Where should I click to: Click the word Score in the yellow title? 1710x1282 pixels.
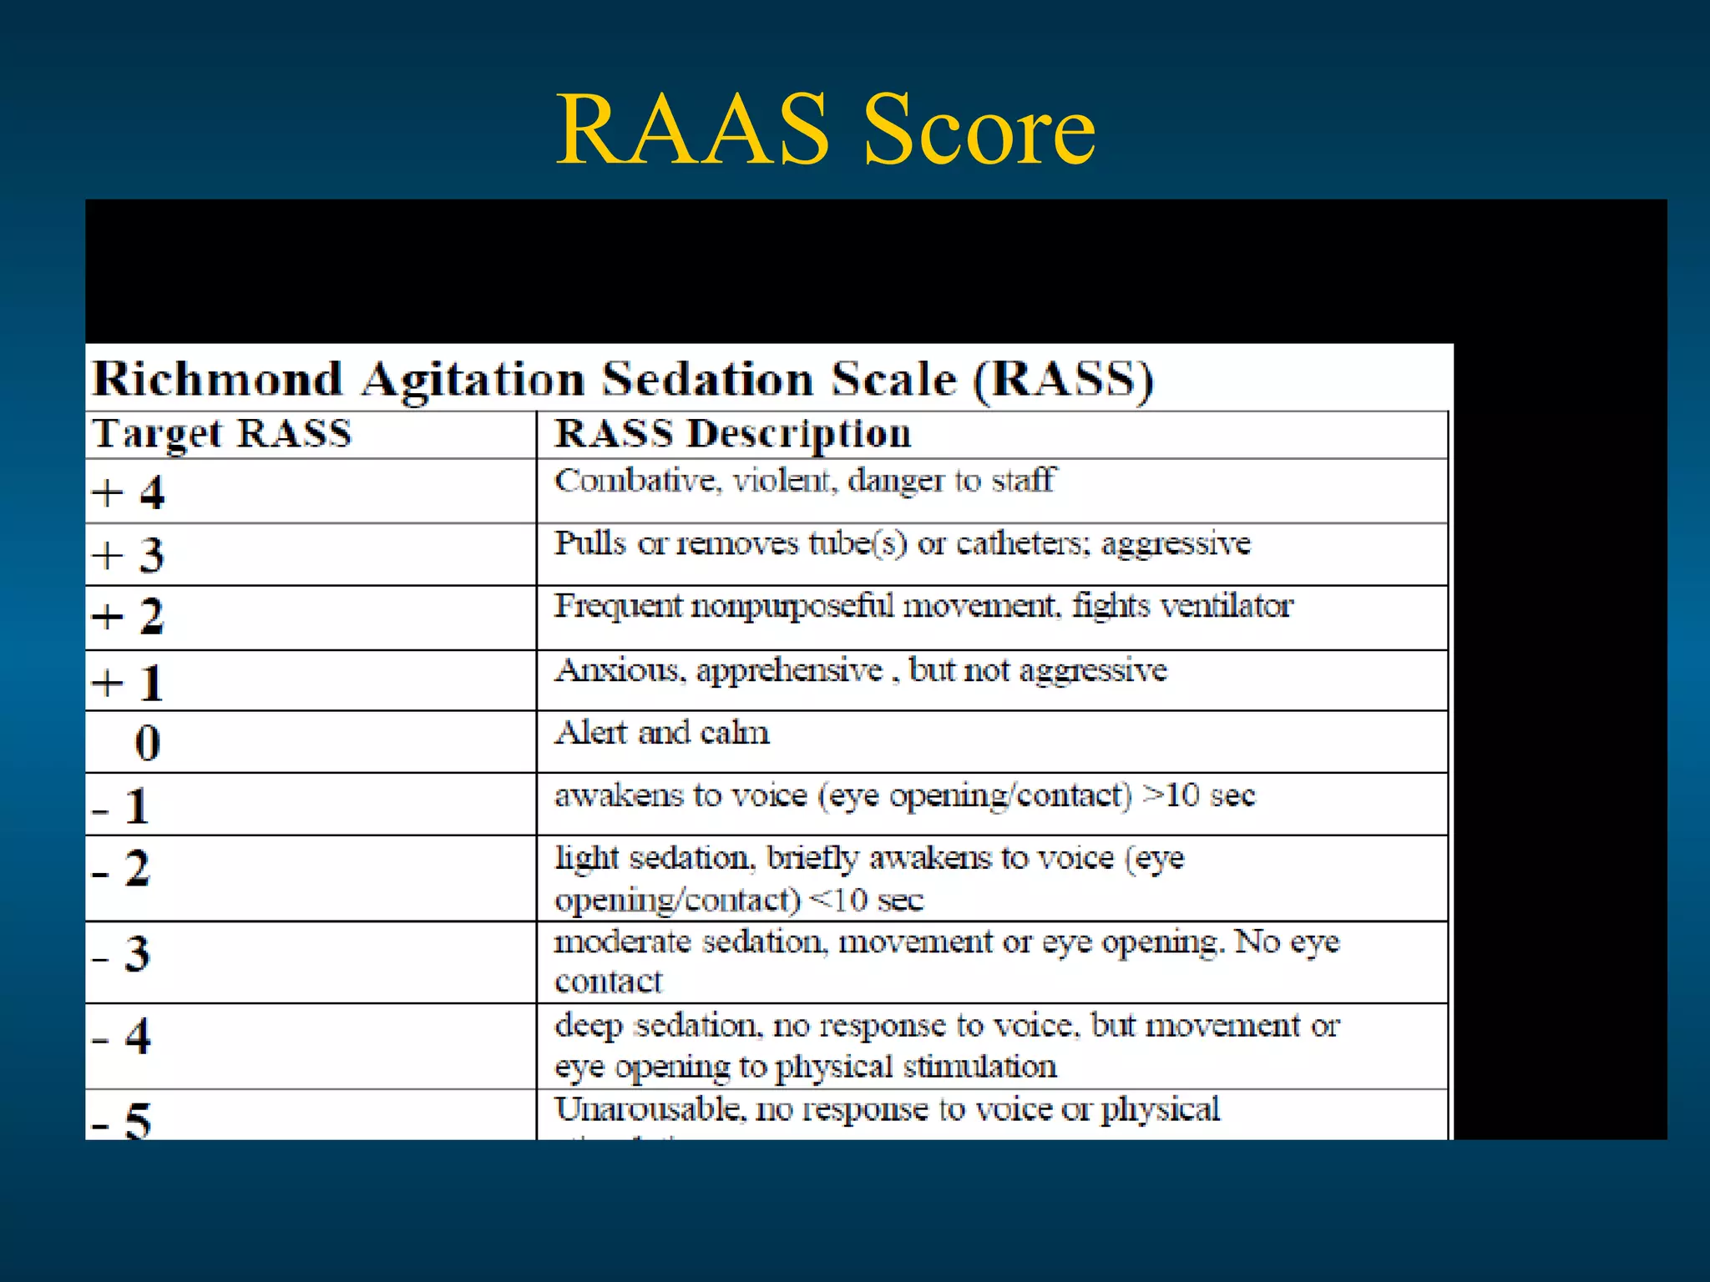pos(978,129)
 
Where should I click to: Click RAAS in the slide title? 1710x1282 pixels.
pos(692,129)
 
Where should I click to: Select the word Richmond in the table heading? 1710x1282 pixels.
pos(217,379)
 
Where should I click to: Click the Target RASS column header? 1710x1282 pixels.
pos(222,434)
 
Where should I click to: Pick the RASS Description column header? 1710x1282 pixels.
pos(733,434)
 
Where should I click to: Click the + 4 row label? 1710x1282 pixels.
pos(129,492)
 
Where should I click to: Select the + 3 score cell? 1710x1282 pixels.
pos(129,555)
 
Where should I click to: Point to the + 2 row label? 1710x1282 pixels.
pos(129,618)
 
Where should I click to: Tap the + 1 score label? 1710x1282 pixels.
pos(129,683)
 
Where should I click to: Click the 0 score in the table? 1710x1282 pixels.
pos(148,743)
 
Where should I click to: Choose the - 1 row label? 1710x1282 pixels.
pos(122,806)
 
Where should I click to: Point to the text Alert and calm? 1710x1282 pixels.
pos(662,733)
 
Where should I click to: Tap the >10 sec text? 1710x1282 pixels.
pos(1199,795)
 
